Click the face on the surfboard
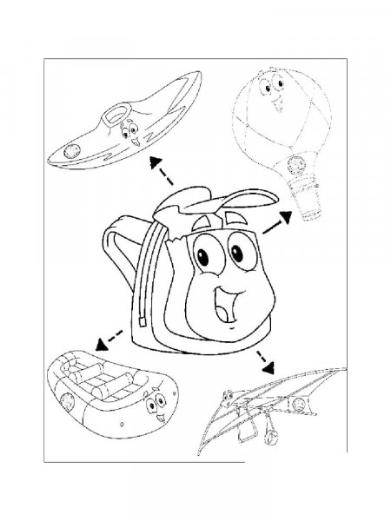(x=131, y=131)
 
